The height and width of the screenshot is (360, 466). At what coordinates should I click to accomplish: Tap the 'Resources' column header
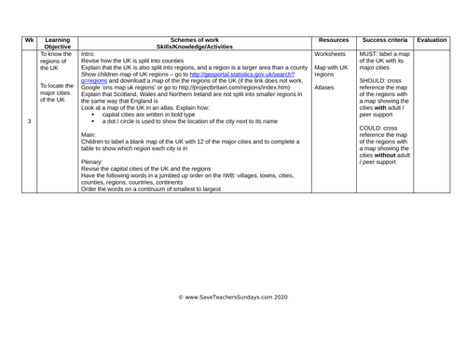[333, 41]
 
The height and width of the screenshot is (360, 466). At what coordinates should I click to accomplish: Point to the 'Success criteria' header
[384, 41]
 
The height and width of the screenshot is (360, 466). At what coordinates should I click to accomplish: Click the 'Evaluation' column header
[432, 41]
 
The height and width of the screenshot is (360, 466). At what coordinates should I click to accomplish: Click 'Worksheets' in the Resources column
[332, 55]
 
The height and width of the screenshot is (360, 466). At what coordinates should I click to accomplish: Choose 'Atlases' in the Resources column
[324, 89]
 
